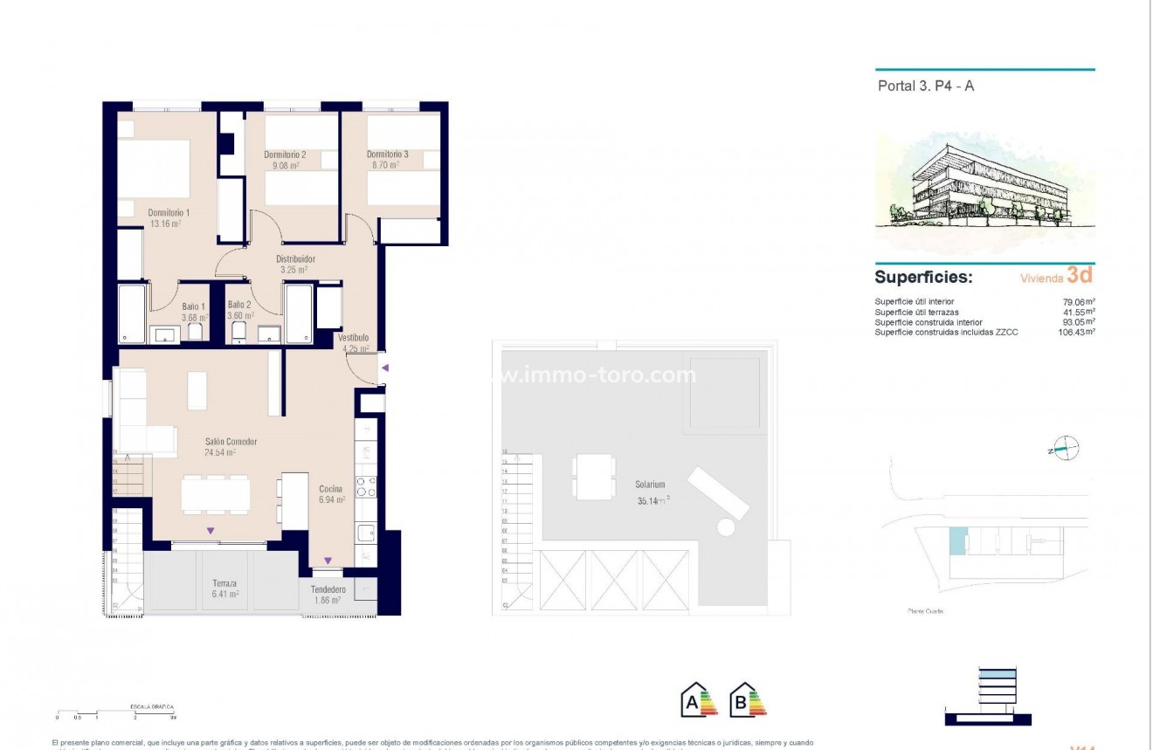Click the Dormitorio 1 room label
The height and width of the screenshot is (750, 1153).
coord(169,212)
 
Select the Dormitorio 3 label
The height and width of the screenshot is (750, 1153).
coord(387,155)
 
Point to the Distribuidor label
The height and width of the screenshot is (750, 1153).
coord(295,259)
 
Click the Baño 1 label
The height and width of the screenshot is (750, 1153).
coord(193,306)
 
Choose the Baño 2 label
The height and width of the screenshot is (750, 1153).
coord(239,305)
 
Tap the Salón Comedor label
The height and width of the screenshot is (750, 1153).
coord(231,442)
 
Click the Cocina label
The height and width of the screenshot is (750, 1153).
coord(331,489)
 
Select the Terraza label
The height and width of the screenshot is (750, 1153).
coord(224,583)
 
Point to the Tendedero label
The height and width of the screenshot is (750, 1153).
coord(328,589)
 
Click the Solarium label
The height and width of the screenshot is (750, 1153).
coord(651,485)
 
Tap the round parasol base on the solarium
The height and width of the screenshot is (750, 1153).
coord(725,527)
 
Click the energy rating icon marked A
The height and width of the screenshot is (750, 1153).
coord(699,699)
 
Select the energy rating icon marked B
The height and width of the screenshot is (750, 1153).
coord(748,699)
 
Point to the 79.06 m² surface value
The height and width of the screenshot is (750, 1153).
coord(1080,301)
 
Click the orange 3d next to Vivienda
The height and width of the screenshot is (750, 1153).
coord(1080,275)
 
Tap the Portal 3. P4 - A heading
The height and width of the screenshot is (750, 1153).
coord(925,86)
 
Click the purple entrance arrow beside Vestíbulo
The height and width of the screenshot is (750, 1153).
coord(384,368)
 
